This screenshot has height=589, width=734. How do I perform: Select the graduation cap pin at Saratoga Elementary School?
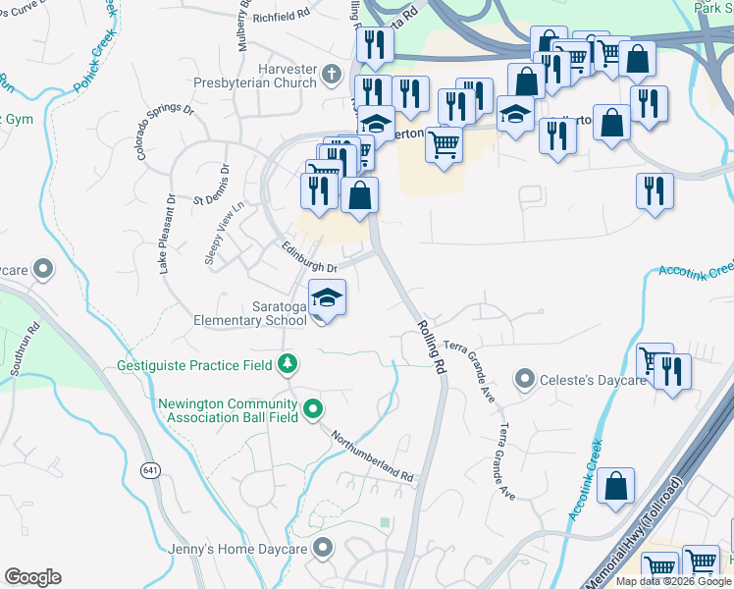327,296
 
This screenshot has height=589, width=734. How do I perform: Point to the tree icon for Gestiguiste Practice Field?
287,365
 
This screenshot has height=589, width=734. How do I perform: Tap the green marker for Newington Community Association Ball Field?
313,408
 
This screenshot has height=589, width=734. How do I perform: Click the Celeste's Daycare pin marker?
525,379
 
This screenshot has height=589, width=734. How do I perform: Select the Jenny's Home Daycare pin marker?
322,548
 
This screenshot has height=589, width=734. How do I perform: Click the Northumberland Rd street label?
372,455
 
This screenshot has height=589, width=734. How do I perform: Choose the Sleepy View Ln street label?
223,228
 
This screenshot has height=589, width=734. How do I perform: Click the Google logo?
32,577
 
